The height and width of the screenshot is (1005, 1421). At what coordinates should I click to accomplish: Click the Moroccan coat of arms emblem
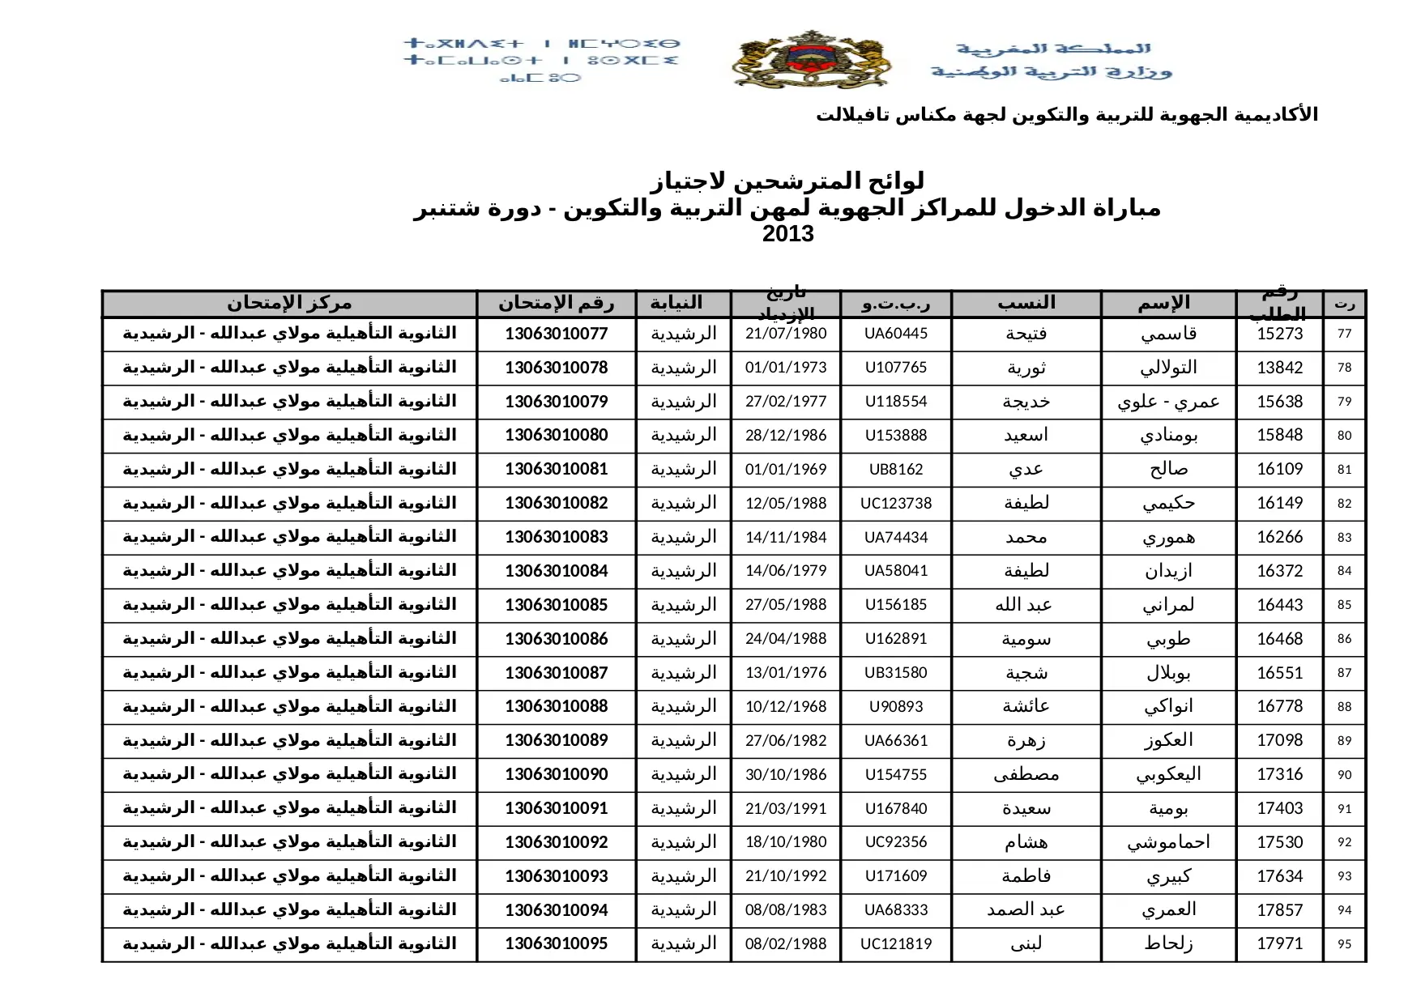point(811,60)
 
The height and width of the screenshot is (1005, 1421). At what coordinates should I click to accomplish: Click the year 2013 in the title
point(787,235)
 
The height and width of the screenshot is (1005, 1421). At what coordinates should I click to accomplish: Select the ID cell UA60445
point(895,334)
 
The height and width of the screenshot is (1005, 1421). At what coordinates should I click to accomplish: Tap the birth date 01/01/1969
point(786,470)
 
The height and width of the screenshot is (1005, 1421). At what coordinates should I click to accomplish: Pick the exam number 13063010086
point(556,639)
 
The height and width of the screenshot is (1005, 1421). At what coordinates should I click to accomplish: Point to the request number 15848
point(1279,436)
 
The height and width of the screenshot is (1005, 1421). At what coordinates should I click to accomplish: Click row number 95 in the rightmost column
point(1344,944)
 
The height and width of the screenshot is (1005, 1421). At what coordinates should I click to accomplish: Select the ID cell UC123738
point(895,504)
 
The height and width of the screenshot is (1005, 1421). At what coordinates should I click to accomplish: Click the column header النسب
point(1026,304)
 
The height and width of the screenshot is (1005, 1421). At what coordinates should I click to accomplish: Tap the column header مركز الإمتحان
point(289,304)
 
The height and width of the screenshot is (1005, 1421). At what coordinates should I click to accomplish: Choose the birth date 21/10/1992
point(786,876)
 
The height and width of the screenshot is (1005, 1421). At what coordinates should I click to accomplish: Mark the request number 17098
point(1279,741)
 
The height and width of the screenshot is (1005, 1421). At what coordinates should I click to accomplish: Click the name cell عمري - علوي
point(1168,402)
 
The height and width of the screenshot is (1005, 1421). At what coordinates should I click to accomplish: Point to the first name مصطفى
point(1026,775)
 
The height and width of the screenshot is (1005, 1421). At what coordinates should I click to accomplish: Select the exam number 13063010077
point(556,334)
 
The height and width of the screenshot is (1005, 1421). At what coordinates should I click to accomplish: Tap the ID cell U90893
point(895,707)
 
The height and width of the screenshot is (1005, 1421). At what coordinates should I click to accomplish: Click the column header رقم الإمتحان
point(556,304)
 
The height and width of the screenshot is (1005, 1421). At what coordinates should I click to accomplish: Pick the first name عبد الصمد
point(1026,910)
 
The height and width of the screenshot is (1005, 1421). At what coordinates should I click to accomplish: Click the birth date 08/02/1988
point(786,944)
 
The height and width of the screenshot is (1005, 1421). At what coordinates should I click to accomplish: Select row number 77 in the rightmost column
point(1344,334)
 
